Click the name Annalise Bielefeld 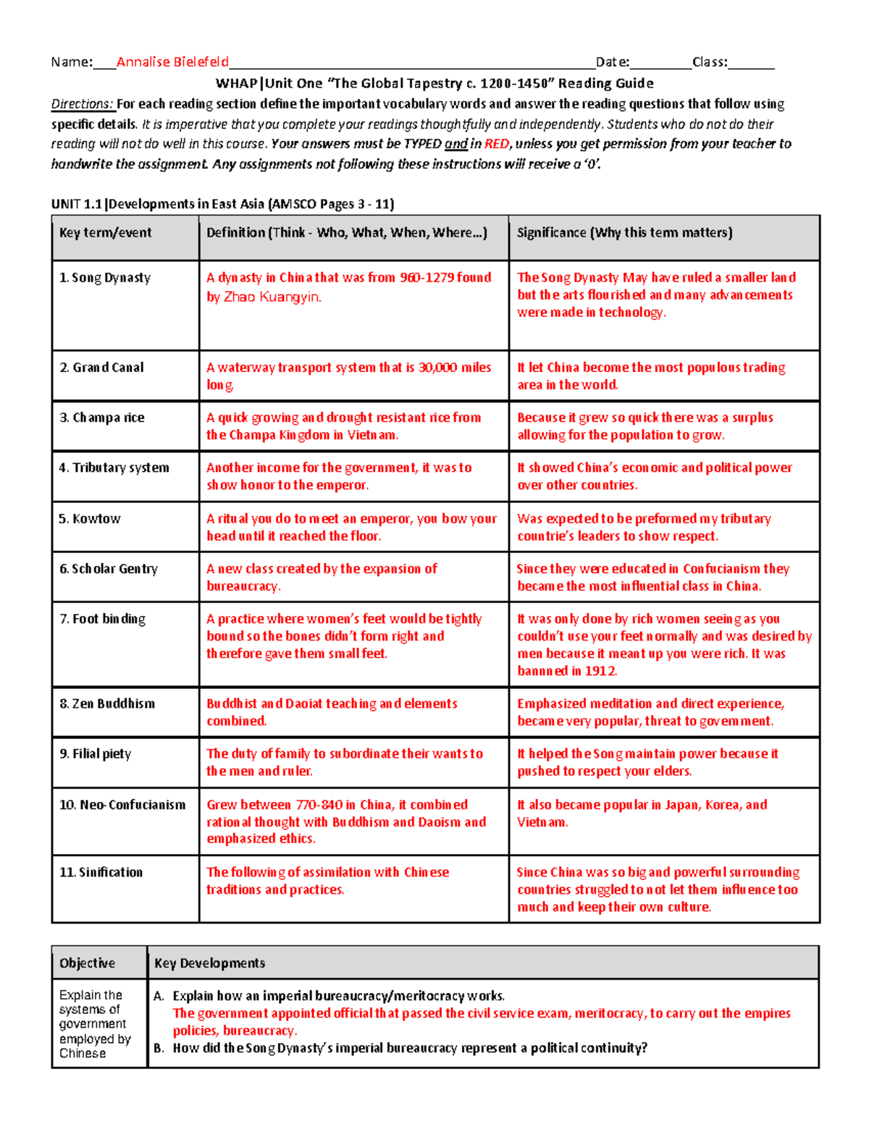(172, 62)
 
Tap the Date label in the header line (612, 62)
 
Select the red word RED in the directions (496, 144)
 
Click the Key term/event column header (105, 233)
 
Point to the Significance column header (624, 233)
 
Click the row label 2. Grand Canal (101, 368)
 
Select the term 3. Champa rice (102, 418)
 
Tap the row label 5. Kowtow (90, 519)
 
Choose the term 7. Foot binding (102, 619)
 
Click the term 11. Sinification (101, 873)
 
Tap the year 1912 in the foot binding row (600, 671)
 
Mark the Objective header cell (87, 963)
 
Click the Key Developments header (209, 963)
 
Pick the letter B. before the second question (159, 1048)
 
